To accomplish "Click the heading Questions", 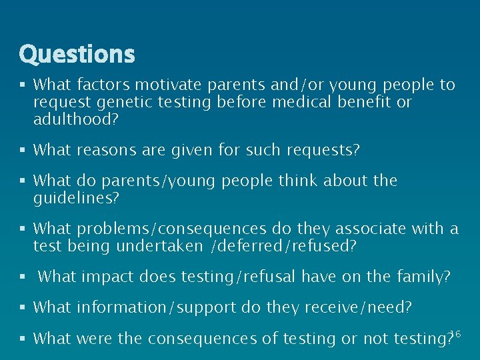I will click(x=77, y=54).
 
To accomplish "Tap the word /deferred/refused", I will click(x=283, y=246).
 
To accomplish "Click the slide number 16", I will click(x=455, y=332).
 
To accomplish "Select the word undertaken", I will click(x=151, y=246).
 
